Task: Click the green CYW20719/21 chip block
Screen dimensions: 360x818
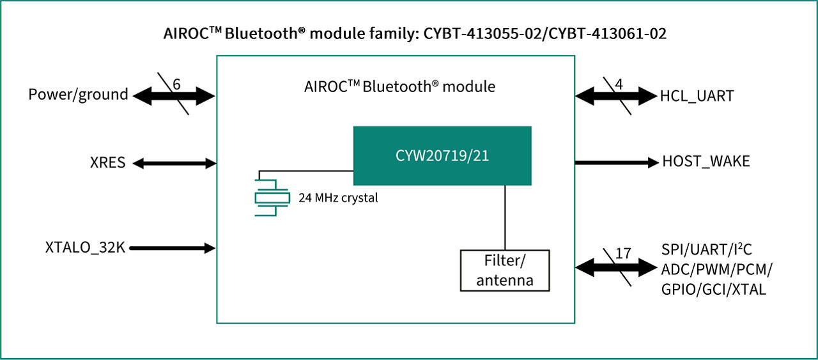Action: (442, 155)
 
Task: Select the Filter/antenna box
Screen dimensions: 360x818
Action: (505, 270)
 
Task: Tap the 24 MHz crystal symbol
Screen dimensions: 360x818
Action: (272, 197)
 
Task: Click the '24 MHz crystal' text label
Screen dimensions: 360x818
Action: (338, 198)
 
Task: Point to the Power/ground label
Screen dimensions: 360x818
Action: (78, 95)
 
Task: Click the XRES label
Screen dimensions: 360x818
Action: (107, 163)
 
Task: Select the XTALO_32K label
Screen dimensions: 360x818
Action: (85, 247)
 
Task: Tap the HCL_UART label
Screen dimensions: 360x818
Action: (697, 96)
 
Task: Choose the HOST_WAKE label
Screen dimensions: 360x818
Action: (706, 162)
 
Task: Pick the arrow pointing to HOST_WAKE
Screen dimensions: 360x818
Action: (616, 162)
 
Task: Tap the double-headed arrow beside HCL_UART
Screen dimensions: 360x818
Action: (616, 97)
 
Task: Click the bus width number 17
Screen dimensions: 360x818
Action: (623, 253)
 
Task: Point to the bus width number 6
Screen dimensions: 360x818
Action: (177, 84)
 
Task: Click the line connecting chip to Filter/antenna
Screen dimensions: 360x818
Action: (505, 217)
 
